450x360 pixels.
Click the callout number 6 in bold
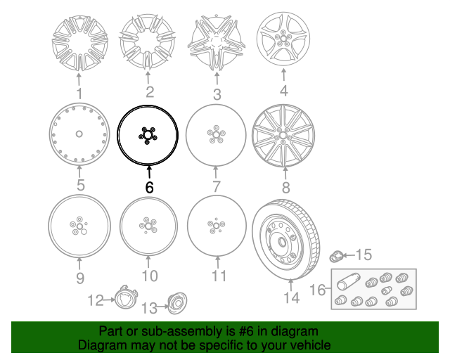coord(149,188)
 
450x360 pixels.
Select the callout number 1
coord(79,94)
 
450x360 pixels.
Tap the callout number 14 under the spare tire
coord(292,297)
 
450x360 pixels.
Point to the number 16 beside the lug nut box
coord(318,290)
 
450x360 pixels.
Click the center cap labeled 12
coord(126,298)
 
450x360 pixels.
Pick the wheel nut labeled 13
coord(176,303)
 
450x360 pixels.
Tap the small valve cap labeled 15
coord(336,256)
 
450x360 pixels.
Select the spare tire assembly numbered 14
coord(286,239)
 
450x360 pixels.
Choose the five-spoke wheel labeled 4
coord(283,39)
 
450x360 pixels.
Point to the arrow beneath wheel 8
coord(285,174)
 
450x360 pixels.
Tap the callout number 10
coord(150,276)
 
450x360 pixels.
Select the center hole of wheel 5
coord(79,134)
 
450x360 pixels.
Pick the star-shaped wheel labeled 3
coord(217,42)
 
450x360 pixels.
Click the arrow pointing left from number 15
coord(349,255)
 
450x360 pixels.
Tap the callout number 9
coord(80,278)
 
